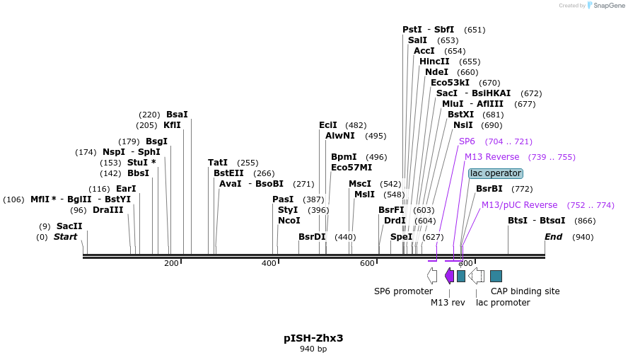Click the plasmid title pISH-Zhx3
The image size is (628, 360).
pyautogui.click(x=313, y=338)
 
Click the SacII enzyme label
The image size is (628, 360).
pyautogui.click(x=69, y=226)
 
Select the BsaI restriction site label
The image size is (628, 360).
pyautogui.click(x=177, y=115)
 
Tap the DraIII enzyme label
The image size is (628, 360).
pyautogui.click(x=107, y=210)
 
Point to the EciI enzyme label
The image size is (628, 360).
pyautogui.click(x=328, y=125)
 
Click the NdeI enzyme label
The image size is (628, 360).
pyautogui.click(x=436, y=72)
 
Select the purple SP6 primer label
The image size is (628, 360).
pyautogui.click(x=467, y=141)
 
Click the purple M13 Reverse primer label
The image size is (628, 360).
pyautogui.click(x=492, y=157)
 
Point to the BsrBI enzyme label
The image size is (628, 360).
pyautogui.click(x=489, y=189)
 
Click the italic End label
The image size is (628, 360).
pyautogui.click(x=553, y=237)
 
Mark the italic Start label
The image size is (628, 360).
pyautogui.click(x=65, y=237)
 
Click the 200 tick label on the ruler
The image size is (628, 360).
pyautogui.click(x=171, y=263)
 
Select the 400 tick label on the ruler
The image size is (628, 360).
pyautogui.click(x=269, y=263)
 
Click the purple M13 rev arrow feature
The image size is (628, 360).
pyautogui.click(x=449, y=276)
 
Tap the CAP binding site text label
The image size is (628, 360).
pyautogui.click(x=525, y=291)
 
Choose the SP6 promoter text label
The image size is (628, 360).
pyautogui.click(x=403, y=291)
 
